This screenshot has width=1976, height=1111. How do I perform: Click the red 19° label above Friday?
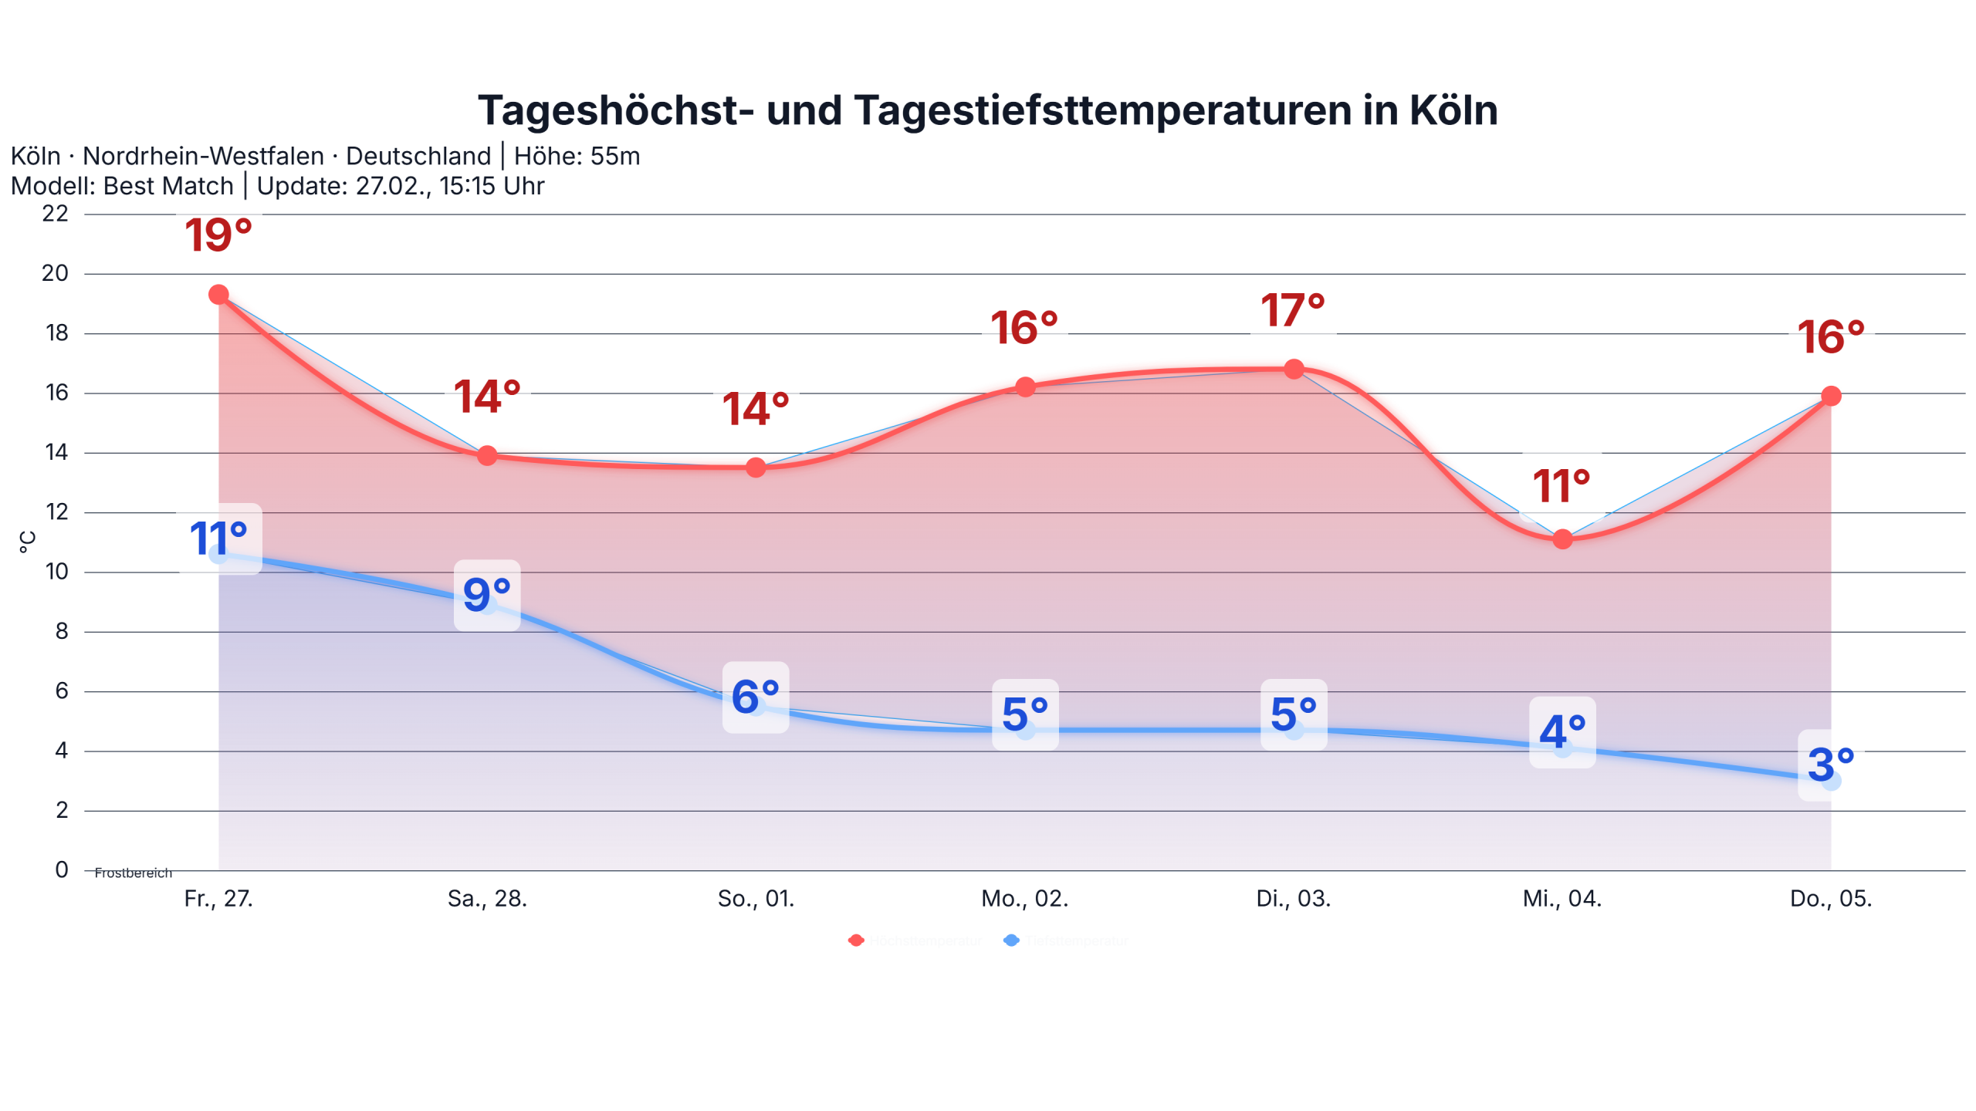(x=218, y=235)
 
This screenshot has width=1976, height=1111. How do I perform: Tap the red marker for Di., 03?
(x=1294, y=369)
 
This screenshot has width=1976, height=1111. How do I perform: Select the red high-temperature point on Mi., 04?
(x=1562, y=539)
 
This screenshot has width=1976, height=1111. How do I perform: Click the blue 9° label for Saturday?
(x=487, y=595)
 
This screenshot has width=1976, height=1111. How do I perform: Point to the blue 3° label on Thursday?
(x=1830, y=765)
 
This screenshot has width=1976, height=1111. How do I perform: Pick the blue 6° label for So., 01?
(x=755, y=697)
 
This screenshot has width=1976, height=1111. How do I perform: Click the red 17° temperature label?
(x=1293, y=310)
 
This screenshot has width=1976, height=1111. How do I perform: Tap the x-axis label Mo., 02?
(x=1024, y=898)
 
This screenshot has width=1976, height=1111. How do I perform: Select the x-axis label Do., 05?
(x=1830, y=898)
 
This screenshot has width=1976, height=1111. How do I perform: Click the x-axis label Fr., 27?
(x=218, y=898)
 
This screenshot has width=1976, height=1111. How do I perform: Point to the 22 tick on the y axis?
(x=56, y=214)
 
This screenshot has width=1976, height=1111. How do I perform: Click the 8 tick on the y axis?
(x=62, y=631)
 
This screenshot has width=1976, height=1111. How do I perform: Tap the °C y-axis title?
(x=27, y=542)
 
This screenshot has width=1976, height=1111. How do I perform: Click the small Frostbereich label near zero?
(x=133, y=873)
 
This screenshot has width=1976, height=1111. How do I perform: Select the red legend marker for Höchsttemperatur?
(x=855, y=940)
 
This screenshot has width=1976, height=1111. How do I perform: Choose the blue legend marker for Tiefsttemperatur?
(x=1011, y=940)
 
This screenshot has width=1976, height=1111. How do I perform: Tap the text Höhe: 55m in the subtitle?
(x=577, y=156)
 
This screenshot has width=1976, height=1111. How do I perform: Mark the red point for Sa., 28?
(x=487, y=455)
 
